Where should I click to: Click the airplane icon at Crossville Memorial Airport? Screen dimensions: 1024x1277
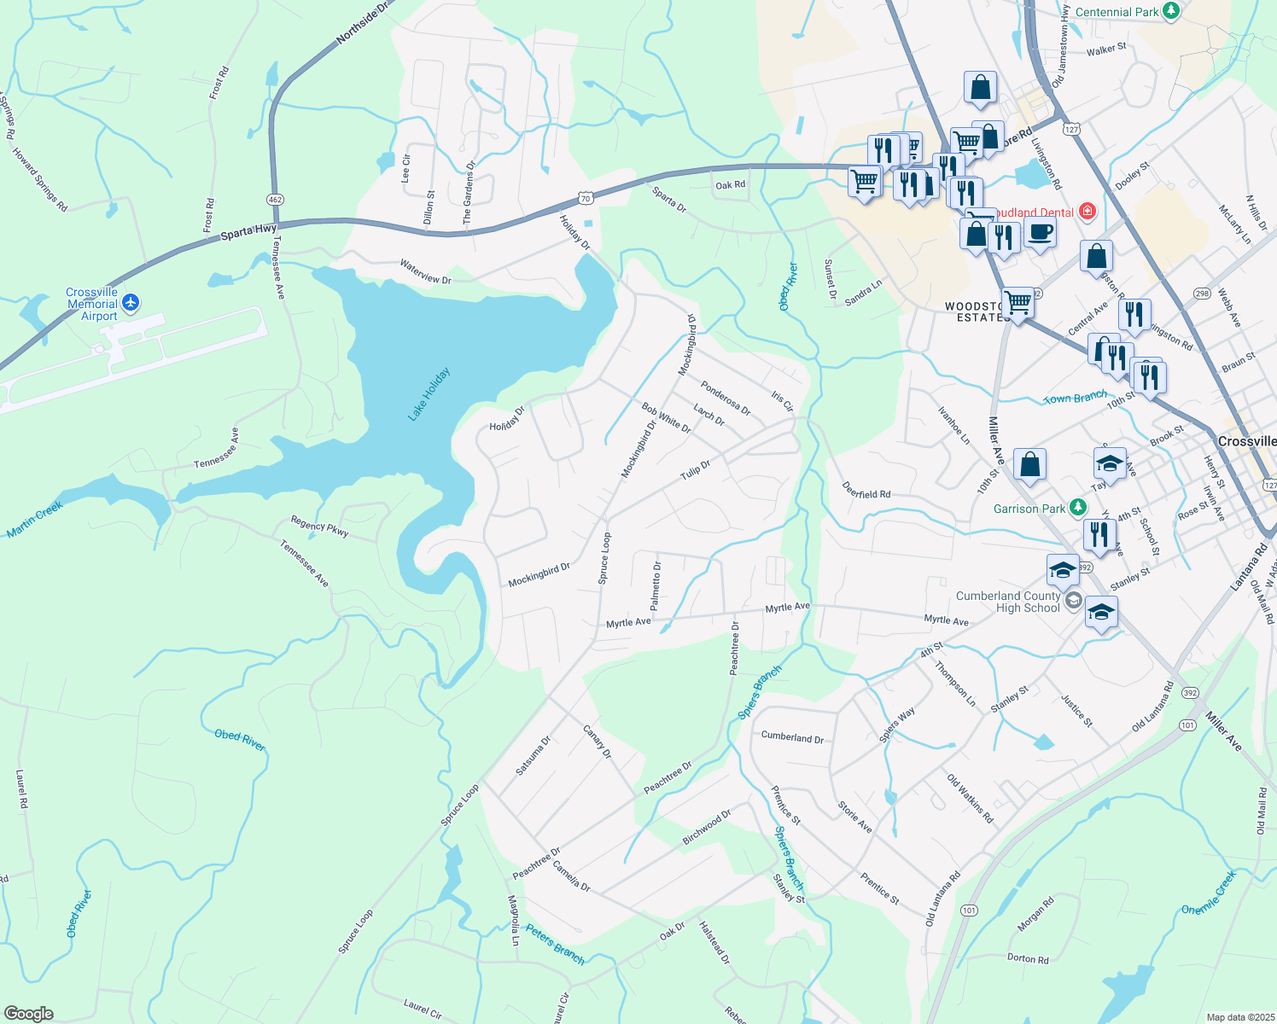click(130, 302)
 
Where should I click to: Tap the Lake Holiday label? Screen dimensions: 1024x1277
click(429, 393)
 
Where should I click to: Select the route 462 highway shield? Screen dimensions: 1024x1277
click(275, 199)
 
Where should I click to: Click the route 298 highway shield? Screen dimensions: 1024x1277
click(1202, 294)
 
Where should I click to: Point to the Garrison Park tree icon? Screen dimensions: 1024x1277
click(1078, 508)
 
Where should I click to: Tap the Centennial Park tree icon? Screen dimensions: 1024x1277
click(1172, 11)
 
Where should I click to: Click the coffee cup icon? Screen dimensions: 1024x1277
click(1039, 232)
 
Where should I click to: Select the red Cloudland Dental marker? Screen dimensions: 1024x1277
click(1087, 211)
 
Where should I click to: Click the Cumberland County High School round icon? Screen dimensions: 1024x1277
click(1073, 600)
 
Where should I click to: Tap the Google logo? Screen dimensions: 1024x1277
click(28, 1013)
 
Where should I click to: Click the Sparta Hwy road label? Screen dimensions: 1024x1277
click(248, 230)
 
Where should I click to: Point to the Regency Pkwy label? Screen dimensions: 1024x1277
click(319, 526)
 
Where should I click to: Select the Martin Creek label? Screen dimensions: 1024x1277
click(35, 519)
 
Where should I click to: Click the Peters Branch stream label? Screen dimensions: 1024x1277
click(555, 944)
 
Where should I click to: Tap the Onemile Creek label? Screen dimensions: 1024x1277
click(1208, 892)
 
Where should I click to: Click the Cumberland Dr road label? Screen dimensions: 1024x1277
click(792, 736)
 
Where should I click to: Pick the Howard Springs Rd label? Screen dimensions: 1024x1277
click(39, 179)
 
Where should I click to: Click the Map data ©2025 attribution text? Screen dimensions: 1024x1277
click(1239, 1017)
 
